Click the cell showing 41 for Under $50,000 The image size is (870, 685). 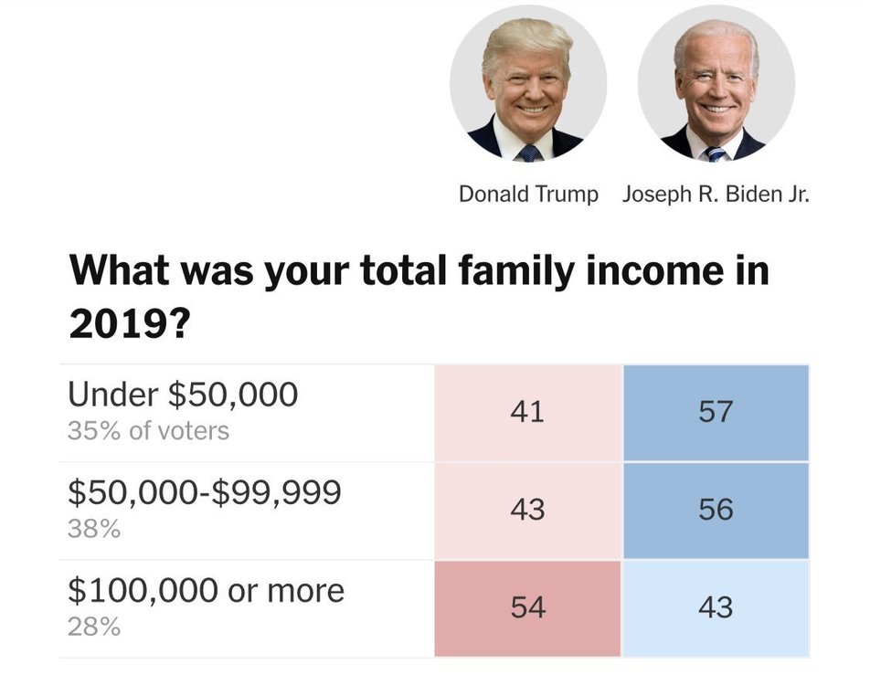point(527,412)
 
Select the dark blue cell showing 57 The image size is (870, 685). point(716,412)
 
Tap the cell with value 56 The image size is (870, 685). point(716,510)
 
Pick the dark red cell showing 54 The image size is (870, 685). point(527,607)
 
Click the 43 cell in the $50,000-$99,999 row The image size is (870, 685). point(527,510)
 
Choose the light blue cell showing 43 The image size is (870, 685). point(716,607)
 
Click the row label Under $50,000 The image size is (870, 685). point(183,395)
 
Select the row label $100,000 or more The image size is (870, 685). point(207,590)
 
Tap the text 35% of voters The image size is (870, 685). point(148,431)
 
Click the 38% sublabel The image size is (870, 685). point(94,529)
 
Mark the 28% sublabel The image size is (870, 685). point(94,627)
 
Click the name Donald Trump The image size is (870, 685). point(528,195)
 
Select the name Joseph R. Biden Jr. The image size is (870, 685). point(716,195)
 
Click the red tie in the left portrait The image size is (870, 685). point(529,152)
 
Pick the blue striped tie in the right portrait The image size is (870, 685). point(715,153)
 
